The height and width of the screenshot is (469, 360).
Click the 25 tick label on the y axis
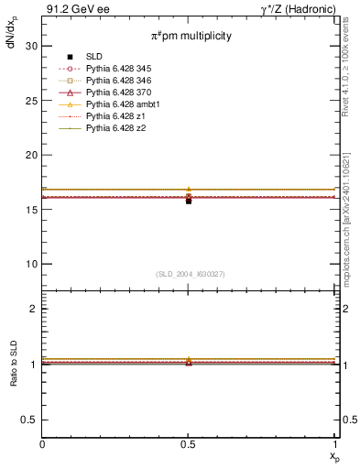click(32, 101)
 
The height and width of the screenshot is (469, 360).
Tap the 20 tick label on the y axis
click(32, 155)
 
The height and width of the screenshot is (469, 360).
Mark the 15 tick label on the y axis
click(32, 210)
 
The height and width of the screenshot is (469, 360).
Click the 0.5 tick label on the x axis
click(189, 445)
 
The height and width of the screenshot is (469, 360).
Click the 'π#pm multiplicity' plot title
click(189, 36)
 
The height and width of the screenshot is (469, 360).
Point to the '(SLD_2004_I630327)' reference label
click(189, 273)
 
